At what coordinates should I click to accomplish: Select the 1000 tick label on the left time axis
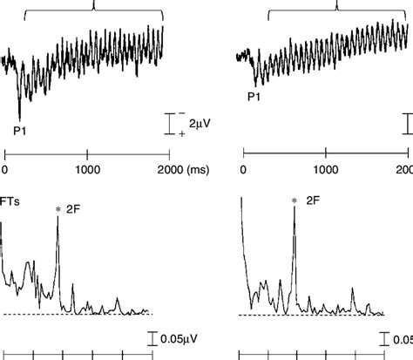click(87, 170)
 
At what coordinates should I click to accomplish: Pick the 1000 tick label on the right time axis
click(325, 170)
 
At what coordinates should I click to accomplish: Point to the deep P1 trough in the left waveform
click(19, 117)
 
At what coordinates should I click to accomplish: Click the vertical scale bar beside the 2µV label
click(168, 124)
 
